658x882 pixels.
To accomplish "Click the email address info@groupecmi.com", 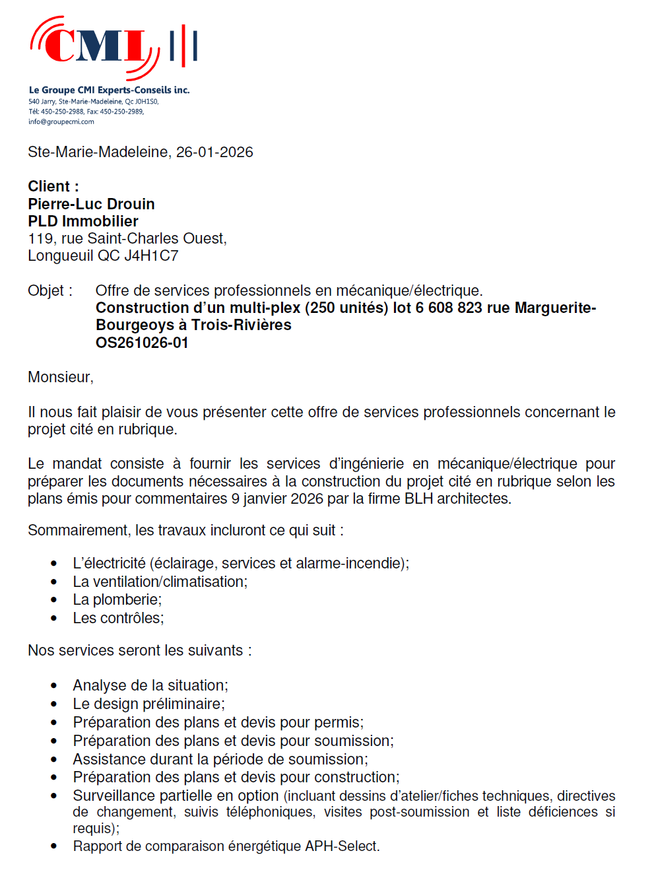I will click(x=61, y=121).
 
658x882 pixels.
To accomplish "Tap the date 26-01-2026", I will click(x=214, y=153).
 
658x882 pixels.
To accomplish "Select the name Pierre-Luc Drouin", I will click(x=91, y=204).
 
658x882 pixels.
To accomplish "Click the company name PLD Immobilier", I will click(x=83, y=221).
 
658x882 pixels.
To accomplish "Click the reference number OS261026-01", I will click(x=142, y=343).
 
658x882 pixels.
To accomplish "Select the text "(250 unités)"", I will click(x=346, y=308).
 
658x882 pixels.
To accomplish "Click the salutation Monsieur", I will click(x=59, y=378).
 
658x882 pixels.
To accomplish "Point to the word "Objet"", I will click(x=46, y=291).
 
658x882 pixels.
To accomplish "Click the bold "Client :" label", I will click(x=53, y=187).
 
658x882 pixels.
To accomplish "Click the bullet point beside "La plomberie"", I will click(x=54, y=600).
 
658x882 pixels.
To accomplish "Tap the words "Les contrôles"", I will click(x=117, y=619).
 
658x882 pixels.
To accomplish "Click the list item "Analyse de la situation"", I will click(x=150, y=686).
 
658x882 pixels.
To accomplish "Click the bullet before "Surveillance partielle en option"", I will click(x=54, y=796).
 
